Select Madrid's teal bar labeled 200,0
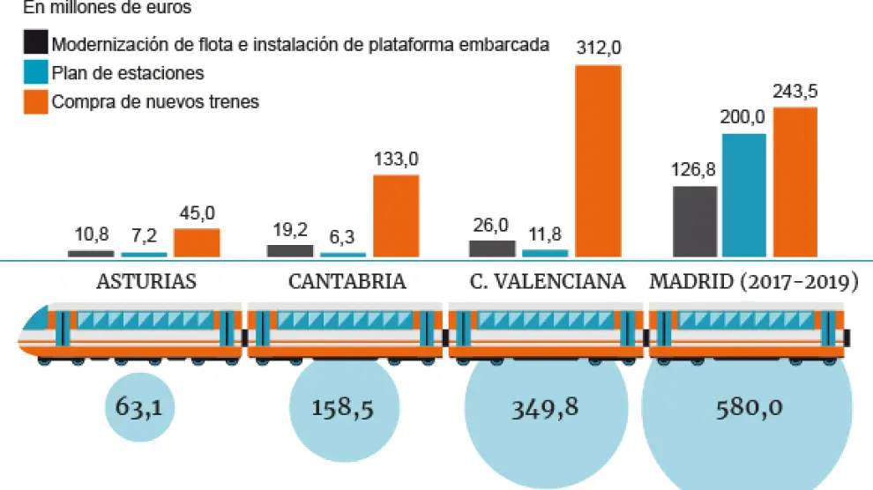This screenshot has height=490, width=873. click(744, 195)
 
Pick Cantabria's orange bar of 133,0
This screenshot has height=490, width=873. click(396, 216)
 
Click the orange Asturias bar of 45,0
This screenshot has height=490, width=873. click(197, 242)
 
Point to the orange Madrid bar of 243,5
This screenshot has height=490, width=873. click(795, 182)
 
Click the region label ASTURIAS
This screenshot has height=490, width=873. click(146, 282)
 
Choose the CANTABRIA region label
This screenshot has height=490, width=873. click(347, 282)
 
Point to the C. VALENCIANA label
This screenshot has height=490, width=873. click(548, 282)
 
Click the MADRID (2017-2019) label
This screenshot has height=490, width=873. click(754, 282)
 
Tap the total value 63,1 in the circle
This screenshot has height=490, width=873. click(140, 408)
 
